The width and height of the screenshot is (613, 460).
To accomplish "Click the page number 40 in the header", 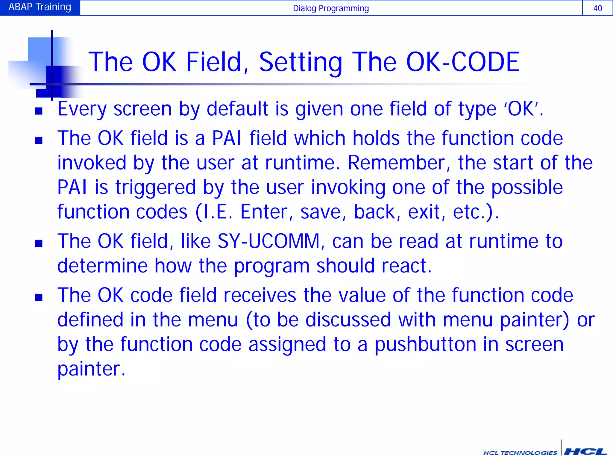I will pos(597,8).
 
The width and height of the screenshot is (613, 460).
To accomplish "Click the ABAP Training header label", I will pos(40,7).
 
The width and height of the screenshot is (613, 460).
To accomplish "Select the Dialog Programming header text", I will pos(331,8).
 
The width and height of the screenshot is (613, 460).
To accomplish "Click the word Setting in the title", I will pos(301,62).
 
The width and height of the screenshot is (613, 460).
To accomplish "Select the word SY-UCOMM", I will pos(268,241).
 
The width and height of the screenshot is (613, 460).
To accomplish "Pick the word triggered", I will pos(156,187).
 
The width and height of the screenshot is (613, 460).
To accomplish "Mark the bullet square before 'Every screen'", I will pos(39,111).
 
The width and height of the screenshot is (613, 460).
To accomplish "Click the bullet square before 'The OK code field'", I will pos(39,297).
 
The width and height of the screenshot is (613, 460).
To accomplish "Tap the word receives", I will pos(260,295).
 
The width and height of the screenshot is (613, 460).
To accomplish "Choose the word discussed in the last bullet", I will pos(348,320).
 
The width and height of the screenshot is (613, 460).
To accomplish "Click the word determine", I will pos(102,266).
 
